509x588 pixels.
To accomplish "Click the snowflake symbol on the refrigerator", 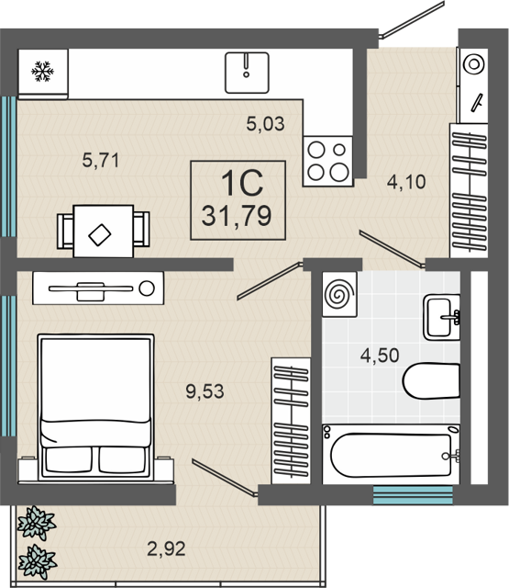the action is click(x=42, y=72).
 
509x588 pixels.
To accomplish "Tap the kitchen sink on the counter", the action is click(x=247, y=73).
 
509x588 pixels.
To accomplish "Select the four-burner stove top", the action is click(x=327, y=162).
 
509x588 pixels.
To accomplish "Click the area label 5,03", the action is click(x=265, y=124).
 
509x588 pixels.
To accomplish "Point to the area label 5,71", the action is click(x=101, y=160).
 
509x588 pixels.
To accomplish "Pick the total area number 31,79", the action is click(x=237, y=216).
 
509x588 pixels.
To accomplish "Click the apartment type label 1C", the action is click(x=242, y=184).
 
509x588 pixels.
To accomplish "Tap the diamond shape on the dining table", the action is click(x=100, y=235).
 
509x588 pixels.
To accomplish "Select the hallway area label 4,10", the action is click(x=406, y=182).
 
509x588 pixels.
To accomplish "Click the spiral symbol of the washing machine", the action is click(x=339, y=294).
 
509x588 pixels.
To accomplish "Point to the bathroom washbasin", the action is click(x=442, y=317).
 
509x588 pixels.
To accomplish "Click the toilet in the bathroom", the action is click(x=431, y=380).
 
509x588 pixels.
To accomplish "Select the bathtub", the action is click(x=391, y=455).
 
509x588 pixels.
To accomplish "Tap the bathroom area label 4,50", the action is click(x=380, y=356).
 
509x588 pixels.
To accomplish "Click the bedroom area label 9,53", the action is click(x=205, y=391).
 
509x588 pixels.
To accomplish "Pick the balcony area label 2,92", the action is click(x=166, y=549).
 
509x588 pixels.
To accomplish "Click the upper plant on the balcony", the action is click(x=37, y=523).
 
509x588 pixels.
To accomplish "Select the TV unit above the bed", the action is click(x=98, y=288).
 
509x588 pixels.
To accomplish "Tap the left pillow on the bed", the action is click(x=69, y=459).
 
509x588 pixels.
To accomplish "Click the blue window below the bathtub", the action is click(x=413, y=495).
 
